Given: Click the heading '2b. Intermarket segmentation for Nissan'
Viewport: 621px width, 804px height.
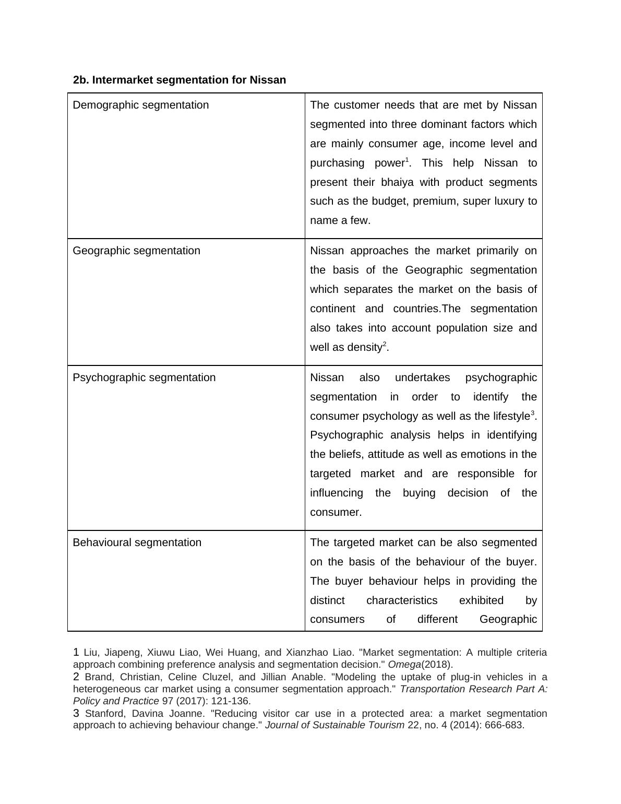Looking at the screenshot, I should click(180, 80).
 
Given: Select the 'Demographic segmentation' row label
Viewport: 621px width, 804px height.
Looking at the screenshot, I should click(140, 105).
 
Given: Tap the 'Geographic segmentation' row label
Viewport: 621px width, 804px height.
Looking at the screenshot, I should click(136, 251).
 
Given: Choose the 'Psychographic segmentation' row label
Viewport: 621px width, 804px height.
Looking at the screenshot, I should click(144, 377).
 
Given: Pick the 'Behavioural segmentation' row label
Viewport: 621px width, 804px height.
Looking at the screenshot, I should click(137, 542).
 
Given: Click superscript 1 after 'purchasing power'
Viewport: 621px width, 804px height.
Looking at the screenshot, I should click(407, 160).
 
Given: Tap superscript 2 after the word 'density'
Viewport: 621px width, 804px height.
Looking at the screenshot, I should click(385, 344).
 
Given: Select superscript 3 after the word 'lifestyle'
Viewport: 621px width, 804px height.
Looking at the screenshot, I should click(532, 413).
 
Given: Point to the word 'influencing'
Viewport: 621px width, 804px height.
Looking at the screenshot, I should click(336, 493).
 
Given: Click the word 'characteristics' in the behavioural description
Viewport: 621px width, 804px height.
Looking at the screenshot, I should click(402, 600).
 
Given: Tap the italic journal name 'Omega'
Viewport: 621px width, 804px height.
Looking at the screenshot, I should click(404, 665).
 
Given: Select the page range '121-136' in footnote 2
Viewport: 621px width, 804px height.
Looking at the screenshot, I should click(230, 701).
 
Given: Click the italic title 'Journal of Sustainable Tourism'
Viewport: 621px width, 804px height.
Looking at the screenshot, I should click(335, 725).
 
